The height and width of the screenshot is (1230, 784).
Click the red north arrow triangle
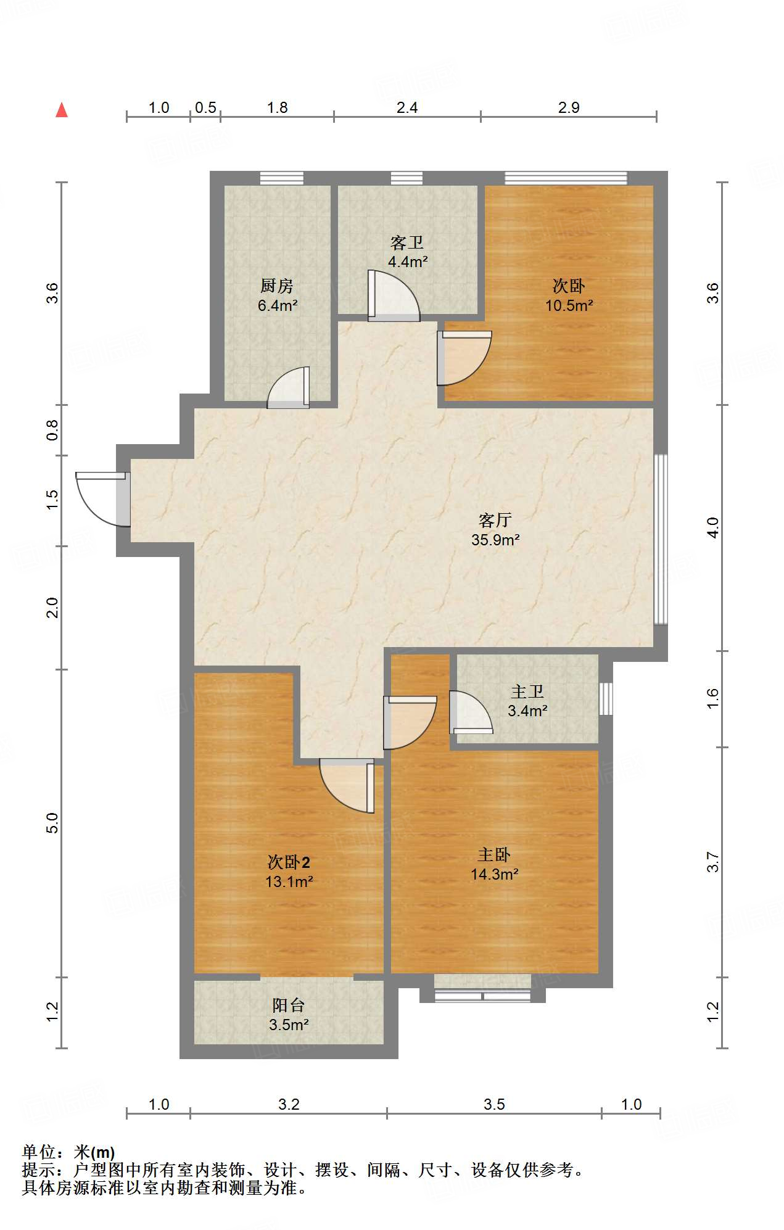[62, 110]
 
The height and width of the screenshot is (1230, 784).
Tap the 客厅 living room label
[495, 521]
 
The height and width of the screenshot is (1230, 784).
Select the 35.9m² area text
[495, 540]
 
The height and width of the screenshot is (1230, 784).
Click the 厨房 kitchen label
[277, 286]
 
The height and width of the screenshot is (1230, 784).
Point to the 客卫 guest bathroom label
[407, 242]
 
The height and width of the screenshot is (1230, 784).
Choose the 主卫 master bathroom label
[527, 691]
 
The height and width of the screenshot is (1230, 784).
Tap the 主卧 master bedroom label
[494, 855]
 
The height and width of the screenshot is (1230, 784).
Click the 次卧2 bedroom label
[289, 862]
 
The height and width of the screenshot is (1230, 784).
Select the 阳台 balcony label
[289, 1005]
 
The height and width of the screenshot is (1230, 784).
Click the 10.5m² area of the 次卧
[569, 305]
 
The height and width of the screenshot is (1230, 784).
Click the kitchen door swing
[288, 387]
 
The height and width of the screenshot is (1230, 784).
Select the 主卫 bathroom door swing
[471, 712]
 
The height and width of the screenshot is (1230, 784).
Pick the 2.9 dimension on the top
[569, 107]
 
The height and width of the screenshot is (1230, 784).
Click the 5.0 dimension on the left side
[52, 823]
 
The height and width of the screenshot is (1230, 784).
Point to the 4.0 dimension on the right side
[713, 527]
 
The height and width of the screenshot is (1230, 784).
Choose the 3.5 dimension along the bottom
[494, 1104]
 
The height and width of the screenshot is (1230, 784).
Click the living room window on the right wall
[661, 539]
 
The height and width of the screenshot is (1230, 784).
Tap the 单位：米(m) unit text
[68, 1152]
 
